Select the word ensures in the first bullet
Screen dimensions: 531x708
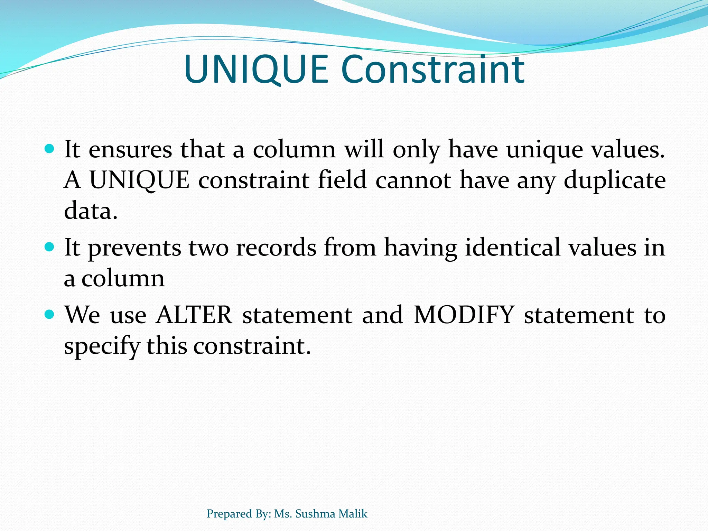(x=130, y=149)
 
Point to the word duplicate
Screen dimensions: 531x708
(x=615, y=180)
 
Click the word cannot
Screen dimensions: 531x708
(x=413, y=180)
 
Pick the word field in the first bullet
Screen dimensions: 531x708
(x=342, y=180)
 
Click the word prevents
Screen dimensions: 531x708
(x=134, y=248)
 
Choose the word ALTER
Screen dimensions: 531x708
(x=194, y=315)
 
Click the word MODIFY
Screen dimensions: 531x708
(x=464, y=315)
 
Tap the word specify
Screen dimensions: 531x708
(x=102, y=346)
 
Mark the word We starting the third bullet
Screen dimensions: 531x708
(x=83, y=315)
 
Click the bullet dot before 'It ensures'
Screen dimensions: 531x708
(x=50, y=149)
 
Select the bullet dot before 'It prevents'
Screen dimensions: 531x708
(x=50, y=247)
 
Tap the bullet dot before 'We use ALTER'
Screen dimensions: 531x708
(x=50, y=314)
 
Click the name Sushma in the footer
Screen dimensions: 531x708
(x=315, y=514)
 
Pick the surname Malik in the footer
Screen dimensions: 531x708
(x=353, y=514)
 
